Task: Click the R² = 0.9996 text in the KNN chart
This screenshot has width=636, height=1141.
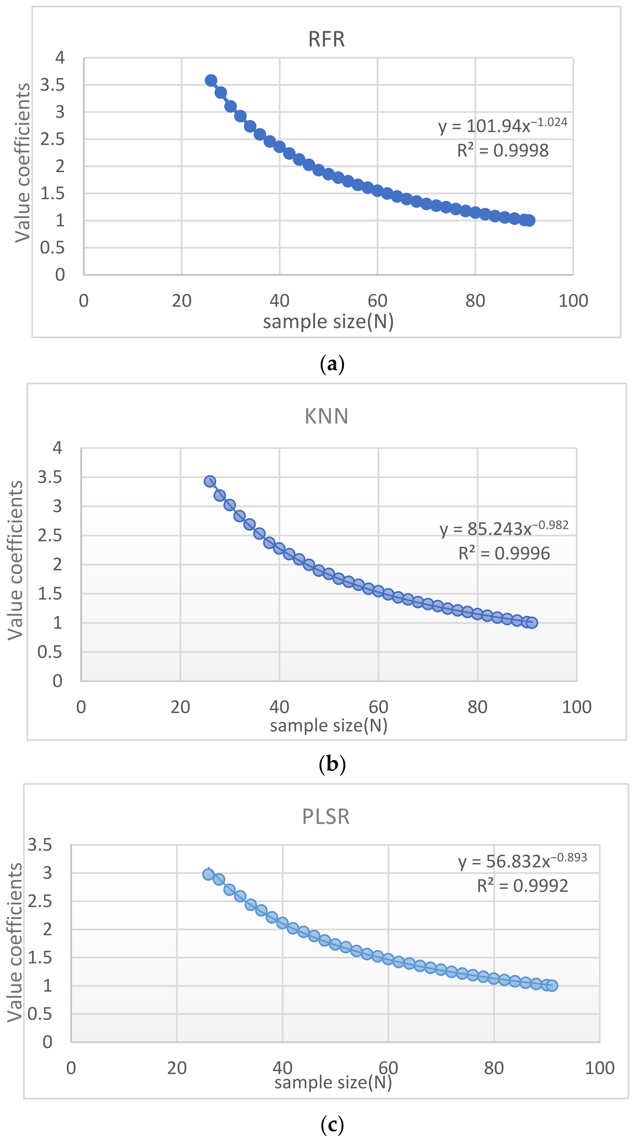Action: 504,553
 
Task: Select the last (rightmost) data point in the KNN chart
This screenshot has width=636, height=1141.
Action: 532,622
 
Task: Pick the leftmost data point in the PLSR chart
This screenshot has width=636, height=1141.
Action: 208,874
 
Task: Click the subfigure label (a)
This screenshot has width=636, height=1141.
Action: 332,364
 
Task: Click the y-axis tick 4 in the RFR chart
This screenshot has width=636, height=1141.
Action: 60,58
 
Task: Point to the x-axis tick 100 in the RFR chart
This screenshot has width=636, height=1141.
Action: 573,301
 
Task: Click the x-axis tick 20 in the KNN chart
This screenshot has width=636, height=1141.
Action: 180,707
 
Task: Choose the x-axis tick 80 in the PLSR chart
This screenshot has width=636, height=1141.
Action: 494,1068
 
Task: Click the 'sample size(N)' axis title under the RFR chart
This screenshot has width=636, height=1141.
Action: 328,322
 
